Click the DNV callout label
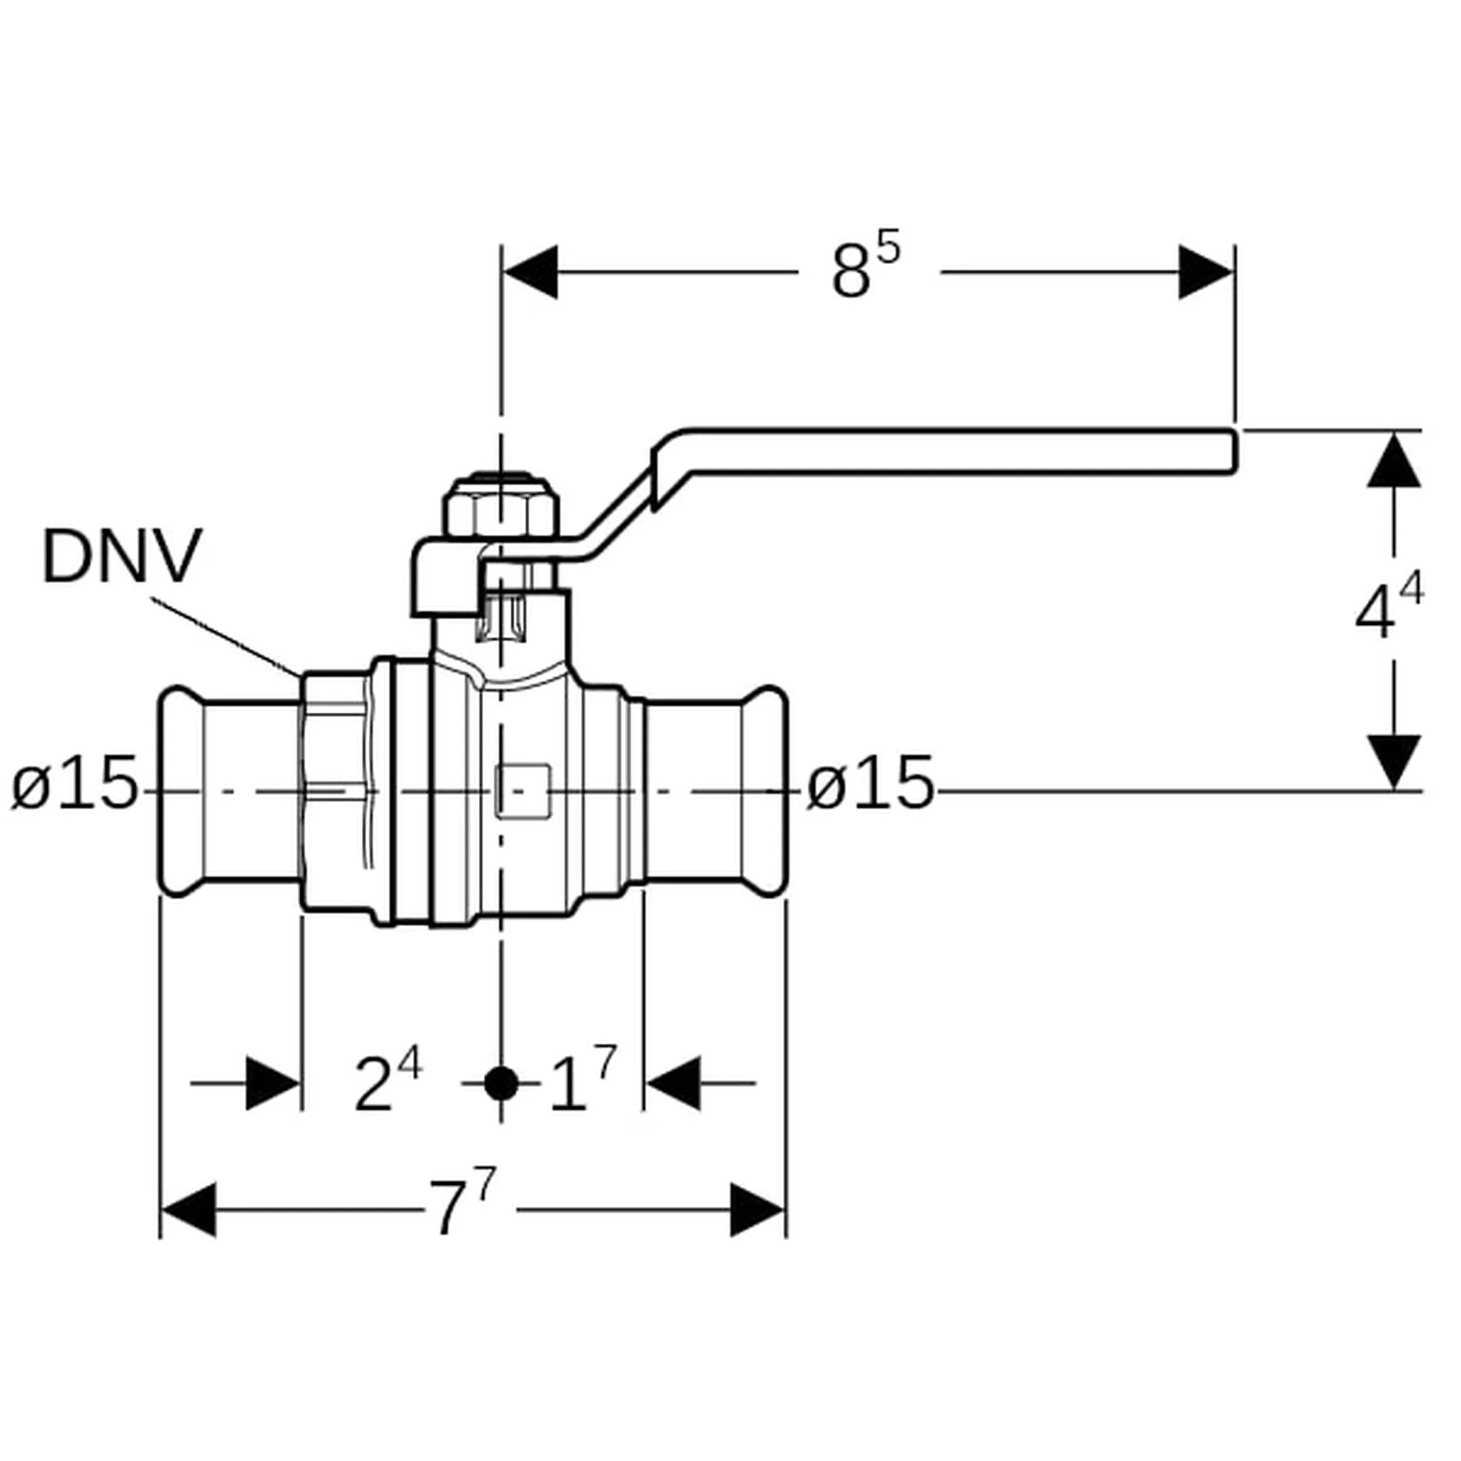[122, 556]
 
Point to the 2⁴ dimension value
[388, 1082]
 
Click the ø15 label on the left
[75, 783]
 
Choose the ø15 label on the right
[870, 783]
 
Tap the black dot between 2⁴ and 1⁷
[501, 1084]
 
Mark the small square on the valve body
[522, 791]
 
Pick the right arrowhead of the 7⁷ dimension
[757, 1210]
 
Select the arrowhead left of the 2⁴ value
[273, 1084]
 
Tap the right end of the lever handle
[1236, 452]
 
